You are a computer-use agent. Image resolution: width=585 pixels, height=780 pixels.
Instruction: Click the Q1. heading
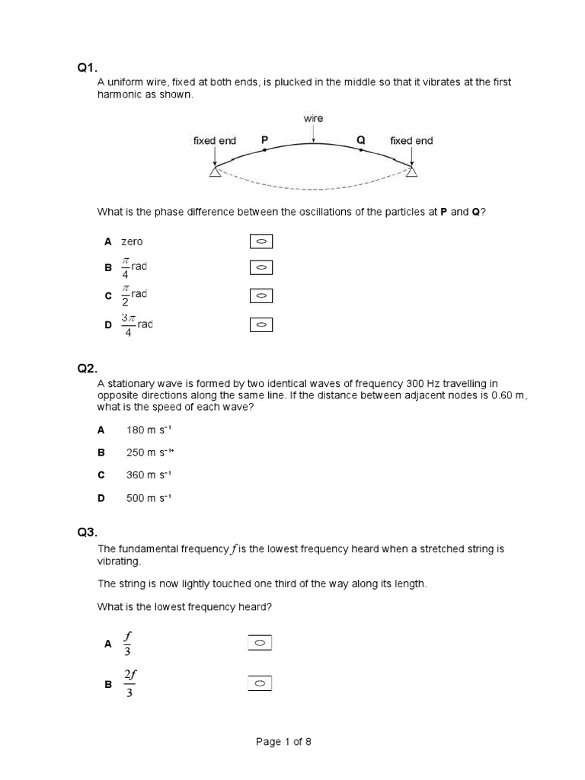tap(87, 68)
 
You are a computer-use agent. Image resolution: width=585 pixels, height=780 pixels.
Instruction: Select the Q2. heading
tap(87, 369)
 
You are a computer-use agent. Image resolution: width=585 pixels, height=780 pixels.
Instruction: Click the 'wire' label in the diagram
tap(313, 118)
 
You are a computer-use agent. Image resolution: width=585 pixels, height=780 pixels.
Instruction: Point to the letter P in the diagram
tap(264, 140)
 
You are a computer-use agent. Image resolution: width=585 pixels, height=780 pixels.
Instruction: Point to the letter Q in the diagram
tap(361, 140)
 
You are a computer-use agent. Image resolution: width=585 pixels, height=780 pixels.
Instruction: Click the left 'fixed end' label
tap(215, 141)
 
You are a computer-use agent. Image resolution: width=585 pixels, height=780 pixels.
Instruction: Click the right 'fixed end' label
tap(411, 141)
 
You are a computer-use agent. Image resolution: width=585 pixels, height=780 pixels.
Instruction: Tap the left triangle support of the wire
tap(215, 173)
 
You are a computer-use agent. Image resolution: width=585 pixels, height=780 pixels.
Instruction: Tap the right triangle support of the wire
tap(411, 173)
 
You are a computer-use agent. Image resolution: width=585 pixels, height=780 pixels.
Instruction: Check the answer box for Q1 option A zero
tap(261, 242)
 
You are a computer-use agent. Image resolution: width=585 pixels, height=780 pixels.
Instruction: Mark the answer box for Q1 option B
tap(261, 268)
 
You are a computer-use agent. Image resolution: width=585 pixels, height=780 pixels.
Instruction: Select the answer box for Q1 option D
tap(261, 325)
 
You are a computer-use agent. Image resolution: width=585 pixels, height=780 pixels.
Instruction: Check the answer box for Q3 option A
tap(260, 644)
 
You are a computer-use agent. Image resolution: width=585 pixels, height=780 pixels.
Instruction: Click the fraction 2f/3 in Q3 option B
tap(129, 684)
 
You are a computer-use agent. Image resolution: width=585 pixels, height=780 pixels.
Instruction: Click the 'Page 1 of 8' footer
tap(283, 742)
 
